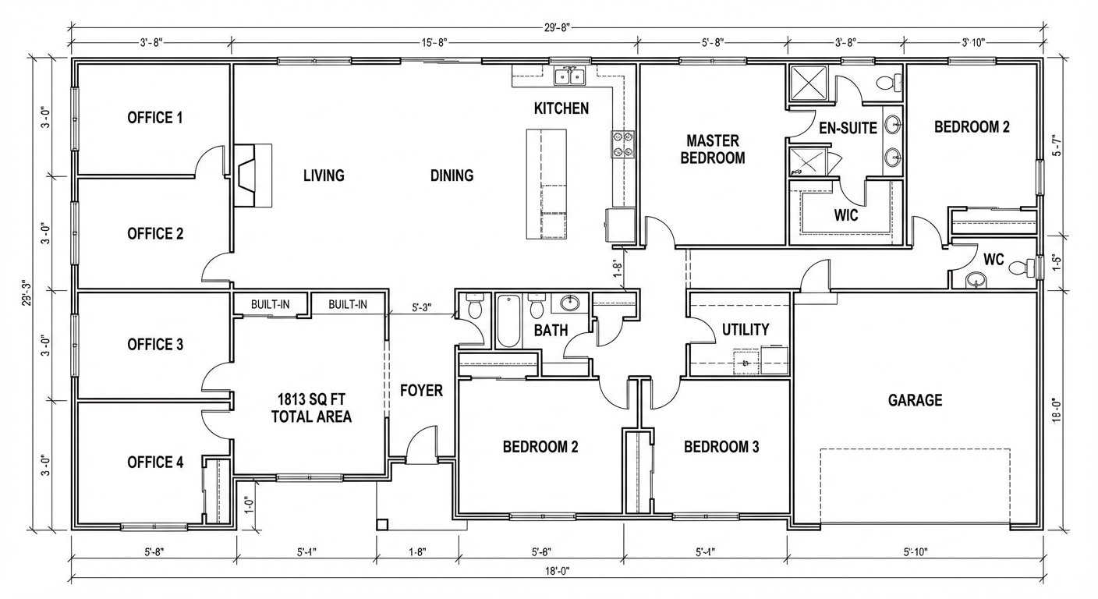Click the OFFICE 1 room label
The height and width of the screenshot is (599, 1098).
155,118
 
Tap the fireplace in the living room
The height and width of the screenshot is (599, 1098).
253,175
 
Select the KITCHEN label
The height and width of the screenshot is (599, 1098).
561,108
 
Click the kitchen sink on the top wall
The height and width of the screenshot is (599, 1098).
569,77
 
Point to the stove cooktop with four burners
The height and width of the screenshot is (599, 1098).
622,144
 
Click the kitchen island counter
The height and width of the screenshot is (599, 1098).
547,184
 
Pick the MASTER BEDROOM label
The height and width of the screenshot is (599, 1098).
713,150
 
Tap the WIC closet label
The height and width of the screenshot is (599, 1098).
846,215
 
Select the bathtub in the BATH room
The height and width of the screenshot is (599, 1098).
508,321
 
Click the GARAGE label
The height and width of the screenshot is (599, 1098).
916,400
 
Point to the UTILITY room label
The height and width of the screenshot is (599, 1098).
746,330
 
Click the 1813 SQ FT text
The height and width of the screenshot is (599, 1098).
311,399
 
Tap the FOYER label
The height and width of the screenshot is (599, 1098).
422,391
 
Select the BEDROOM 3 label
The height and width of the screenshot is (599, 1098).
721,447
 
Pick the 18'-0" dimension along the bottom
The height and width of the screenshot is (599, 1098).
558,571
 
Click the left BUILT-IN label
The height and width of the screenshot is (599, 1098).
270,304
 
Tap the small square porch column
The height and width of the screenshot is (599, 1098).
382,524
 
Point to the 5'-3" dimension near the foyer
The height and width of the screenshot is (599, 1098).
422,308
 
